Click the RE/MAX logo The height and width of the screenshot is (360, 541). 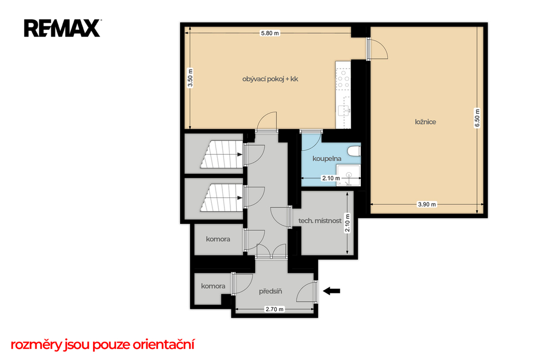point(62,29)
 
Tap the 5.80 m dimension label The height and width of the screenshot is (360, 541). point(270,33)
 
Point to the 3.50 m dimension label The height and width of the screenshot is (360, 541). point(190,78)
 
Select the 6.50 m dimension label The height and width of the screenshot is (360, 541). point(477,118)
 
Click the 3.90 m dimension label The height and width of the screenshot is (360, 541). point(427,204)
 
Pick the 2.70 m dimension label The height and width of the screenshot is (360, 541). point(274,309)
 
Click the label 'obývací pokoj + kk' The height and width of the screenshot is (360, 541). point(270,79)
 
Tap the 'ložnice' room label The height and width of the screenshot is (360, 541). point(425,122)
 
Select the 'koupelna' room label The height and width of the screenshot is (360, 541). point(327,158)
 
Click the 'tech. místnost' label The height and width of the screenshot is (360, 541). point(320,221)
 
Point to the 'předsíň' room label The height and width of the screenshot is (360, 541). point(270,291)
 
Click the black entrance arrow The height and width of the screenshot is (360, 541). point(332,291)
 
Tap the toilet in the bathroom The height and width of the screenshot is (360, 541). point(355,151)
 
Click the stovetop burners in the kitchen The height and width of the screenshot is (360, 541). point(343,79)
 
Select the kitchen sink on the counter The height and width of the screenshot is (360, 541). point(344,111)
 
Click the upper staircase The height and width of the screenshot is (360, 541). point(221,155)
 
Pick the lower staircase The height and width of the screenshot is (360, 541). point(221,197)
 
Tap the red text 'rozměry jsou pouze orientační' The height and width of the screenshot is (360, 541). point(102,345)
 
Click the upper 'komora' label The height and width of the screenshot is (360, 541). point(218,239)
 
